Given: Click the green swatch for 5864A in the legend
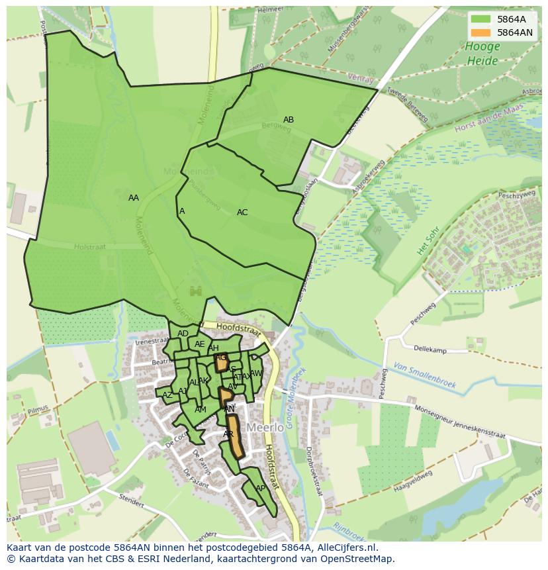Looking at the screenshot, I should [x=480, y=20].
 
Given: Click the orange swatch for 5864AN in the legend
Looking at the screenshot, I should [x=480, y=32].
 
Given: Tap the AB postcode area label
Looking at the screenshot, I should [x=289, y=120].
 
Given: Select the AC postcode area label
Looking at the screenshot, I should [x=242, y=213].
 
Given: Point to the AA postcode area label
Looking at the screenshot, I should [x=134, y=198].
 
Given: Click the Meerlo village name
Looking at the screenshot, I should [x=265, y=428].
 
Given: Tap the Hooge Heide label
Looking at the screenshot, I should [x=482, y=54].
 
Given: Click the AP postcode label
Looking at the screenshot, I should [x=260, y=489].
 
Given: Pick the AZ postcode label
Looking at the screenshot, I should [x=167, y=395].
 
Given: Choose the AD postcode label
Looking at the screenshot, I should [x=183, y=334].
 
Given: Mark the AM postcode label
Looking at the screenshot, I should [x=201, y=410].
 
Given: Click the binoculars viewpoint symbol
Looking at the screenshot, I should [x=195, y=291].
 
